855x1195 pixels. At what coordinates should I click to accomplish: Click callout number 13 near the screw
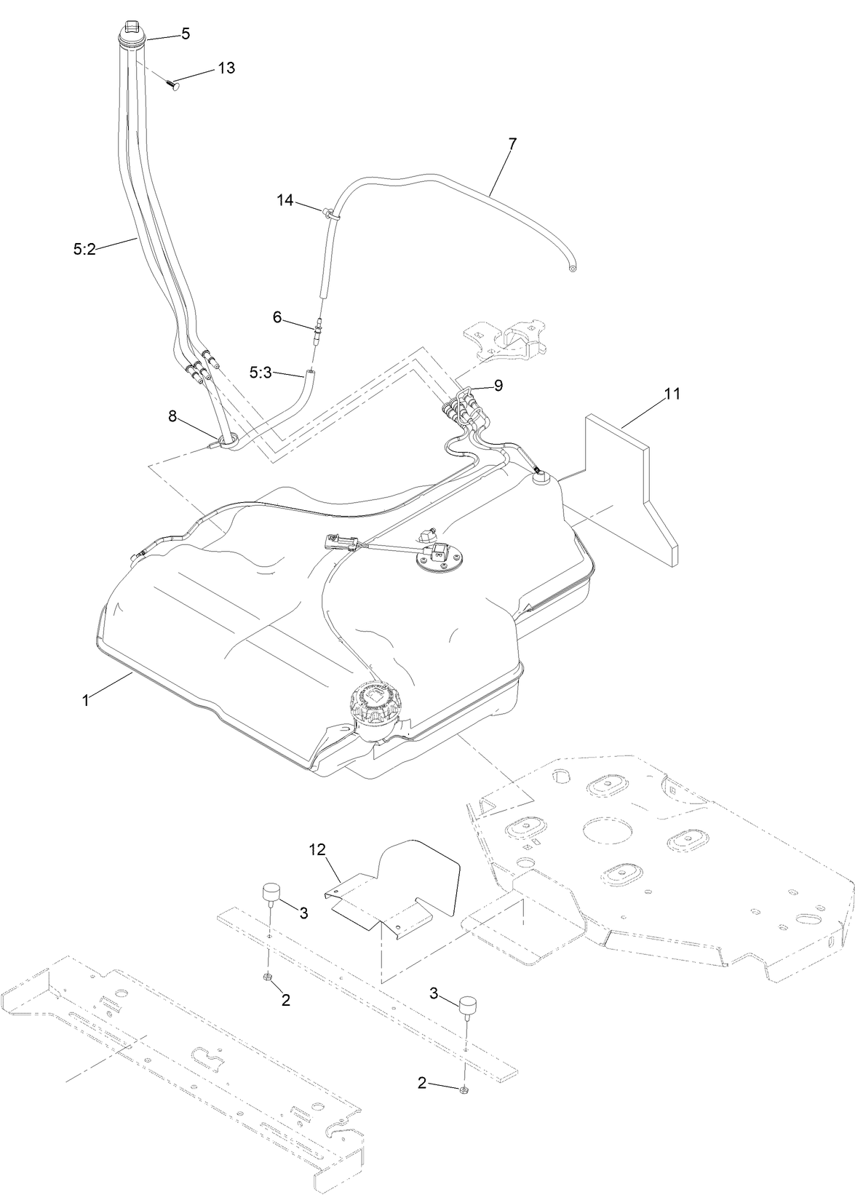pyautogui.click(x=226, y=68)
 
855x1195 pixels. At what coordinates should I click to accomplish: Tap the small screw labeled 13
pyautogui.click(x=174, y=84)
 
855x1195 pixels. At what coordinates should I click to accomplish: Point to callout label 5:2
pyautogui.click(x=84, y=249)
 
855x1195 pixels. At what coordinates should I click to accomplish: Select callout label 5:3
pyautogui.click(x=261, y=373)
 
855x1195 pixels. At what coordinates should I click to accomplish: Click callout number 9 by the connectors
pyautogui.click(x=498, y=386)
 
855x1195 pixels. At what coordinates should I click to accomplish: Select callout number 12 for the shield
pyautogui.click(x=317, y=849)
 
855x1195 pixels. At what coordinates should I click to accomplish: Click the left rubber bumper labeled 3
pyautogui.click(x=272, y=892)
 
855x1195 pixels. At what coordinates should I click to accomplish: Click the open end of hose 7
pyautogui.click(x=573, y=269)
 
